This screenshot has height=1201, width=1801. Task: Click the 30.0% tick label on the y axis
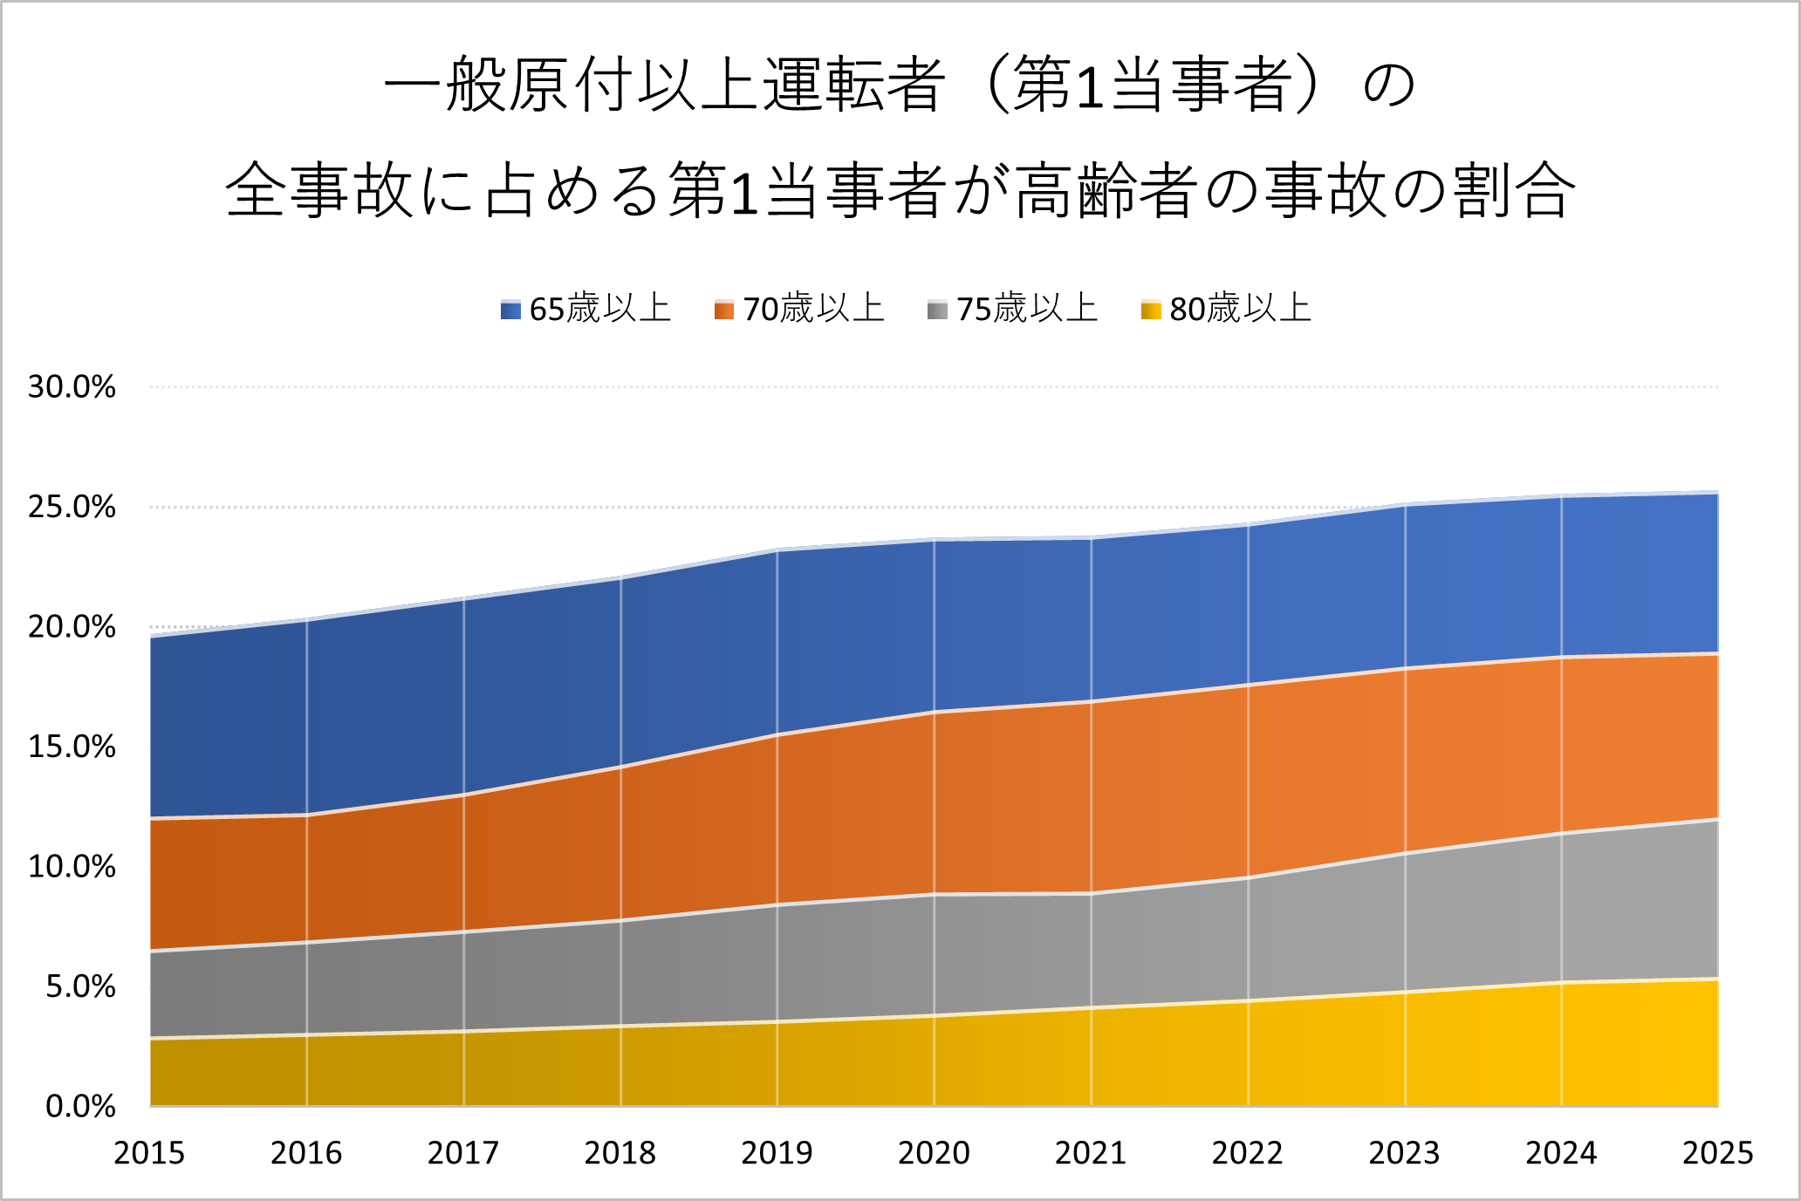72,387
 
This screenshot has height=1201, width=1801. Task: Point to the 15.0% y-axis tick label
72,747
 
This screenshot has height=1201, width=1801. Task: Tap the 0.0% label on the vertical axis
80,1107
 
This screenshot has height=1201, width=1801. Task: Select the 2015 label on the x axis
149,1154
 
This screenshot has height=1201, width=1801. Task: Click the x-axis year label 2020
934,1154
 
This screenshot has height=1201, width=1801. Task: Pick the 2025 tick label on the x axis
1717,1154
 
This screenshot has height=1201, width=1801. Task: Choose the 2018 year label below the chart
620,1154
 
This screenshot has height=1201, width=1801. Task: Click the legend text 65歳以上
599,310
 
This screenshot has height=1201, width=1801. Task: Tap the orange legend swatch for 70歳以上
723,310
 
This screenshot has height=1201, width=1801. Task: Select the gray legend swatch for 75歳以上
937,310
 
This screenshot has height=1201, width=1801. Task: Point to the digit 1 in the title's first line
1090,88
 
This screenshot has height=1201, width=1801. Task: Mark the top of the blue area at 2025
1717,494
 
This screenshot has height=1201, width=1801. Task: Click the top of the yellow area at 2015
151,1038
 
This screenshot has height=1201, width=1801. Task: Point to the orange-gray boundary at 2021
1091,893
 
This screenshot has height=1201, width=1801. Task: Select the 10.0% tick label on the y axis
72,867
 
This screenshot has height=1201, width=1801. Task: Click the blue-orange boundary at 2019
777,734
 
